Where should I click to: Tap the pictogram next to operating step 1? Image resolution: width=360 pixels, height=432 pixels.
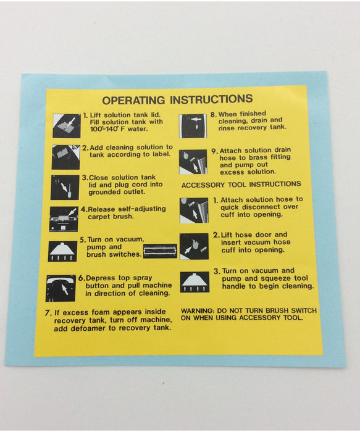[x=67, y=126]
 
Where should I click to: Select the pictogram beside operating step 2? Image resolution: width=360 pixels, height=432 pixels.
[x=66, y=157]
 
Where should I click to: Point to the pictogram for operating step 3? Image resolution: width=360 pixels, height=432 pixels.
[x=65, y=188]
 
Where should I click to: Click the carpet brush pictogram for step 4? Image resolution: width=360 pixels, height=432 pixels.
[x=64, y=219]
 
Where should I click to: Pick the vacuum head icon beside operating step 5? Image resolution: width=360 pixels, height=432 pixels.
[x=62, y=251]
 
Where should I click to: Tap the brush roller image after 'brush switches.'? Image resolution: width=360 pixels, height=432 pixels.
[x=160, y=251]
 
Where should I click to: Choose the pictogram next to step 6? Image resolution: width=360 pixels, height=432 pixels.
[x=61, y=288]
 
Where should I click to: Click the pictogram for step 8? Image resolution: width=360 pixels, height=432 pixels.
[x=193, y=126]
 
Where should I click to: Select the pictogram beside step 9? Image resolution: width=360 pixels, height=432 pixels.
[x=193, y=162]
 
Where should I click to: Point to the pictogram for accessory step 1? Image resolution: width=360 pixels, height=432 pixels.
[x=194, y=210]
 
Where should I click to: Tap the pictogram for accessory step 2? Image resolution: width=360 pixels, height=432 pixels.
[x=194, y=246]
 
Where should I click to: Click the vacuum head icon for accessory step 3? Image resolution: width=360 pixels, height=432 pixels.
[x=195, y=282]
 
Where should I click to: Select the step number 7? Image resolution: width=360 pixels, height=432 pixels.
[x=48, y=313]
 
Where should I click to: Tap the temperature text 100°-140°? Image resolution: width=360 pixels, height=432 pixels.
[x=104, y=129]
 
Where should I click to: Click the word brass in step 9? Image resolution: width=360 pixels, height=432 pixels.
[x=258, y=157]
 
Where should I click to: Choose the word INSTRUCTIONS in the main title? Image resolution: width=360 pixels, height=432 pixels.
[x=211, y=99]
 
